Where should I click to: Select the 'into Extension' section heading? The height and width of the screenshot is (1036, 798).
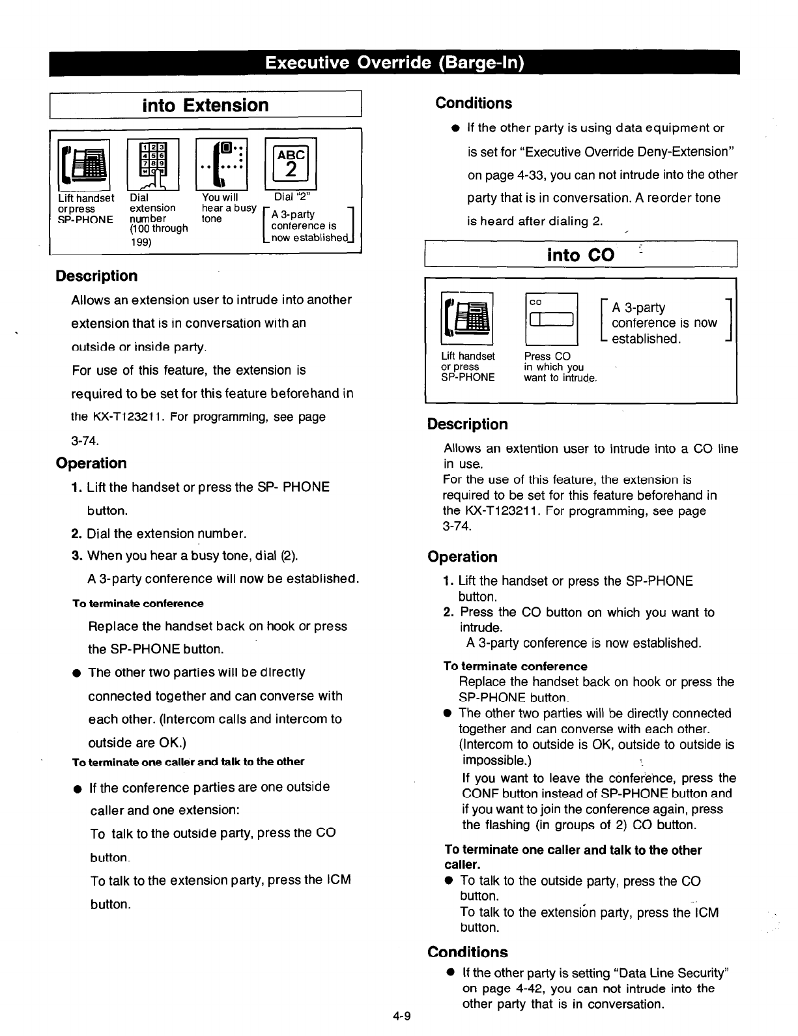coord(205,105)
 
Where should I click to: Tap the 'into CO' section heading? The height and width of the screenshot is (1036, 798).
coord(580,255)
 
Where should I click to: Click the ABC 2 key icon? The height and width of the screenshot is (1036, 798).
coord(291,164)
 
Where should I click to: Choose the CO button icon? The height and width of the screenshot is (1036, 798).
coord(550,319)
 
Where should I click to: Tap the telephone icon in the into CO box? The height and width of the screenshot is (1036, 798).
coord(466,319)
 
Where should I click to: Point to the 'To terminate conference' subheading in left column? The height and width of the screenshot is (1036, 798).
coord(137,603)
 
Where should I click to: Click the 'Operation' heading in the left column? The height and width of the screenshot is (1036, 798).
coord(91,463)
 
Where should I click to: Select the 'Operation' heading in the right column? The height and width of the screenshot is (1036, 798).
coord(463,557)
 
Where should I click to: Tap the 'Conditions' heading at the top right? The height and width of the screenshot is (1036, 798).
coord(474,103)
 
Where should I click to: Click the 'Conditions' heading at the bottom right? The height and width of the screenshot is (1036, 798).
coord(468,952)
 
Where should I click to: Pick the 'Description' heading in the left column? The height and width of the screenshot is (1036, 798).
coord(96,276)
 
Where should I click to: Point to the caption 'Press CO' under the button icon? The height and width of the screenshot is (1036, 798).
coord(547,356)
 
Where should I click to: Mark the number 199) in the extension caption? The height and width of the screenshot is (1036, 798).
coord(141,242)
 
